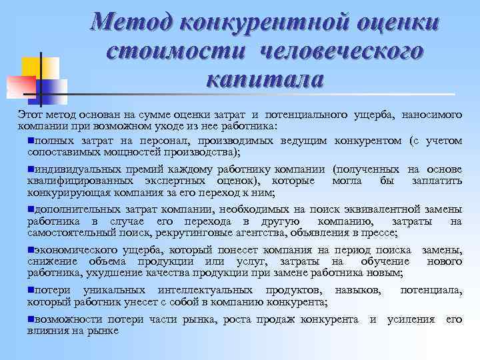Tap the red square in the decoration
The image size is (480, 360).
click(21, 85)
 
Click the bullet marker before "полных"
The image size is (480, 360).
click(31, 141)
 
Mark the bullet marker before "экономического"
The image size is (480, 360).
click(31, 249)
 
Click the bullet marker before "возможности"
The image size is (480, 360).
click(31, 319)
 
